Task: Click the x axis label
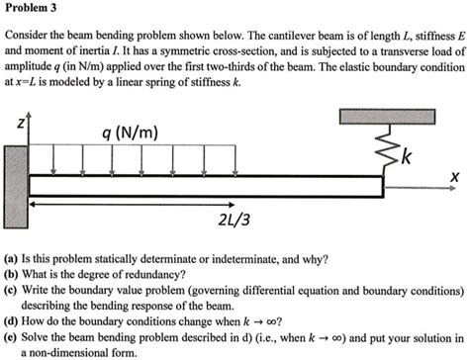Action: (454, 176)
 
